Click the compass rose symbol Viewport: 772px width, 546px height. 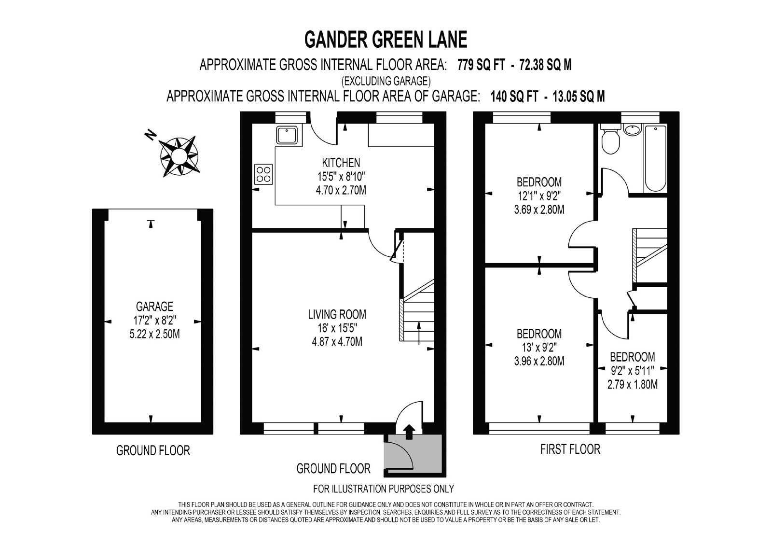tap(179, 156)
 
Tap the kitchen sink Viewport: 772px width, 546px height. tap(287, 135)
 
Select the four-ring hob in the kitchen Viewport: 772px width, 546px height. tap(263, 174)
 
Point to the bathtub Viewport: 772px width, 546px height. tap(656, 158)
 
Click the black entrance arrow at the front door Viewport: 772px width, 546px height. tap(409, 432)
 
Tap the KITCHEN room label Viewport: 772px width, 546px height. tap(341, 163)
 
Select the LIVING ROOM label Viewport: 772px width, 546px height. tap(337, 314)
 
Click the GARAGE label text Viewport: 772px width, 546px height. tap(154, 306)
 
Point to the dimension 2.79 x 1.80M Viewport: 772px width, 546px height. tap(633, 384)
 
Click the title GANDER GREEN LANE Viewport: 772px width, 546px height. tap(386, 39)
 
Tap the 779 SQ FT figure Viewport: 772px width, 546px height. tap(481, 65)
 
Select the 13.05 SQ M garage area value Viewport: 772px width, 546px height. tap(579, 97)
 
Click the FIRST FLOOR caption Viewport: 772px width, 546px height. tap(570, 449)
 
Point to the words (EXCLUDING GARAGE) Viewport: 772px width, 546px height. tap(386, 81)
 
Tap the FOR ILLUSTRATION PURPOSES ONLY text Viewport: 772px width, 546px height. tap(384, 489)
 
